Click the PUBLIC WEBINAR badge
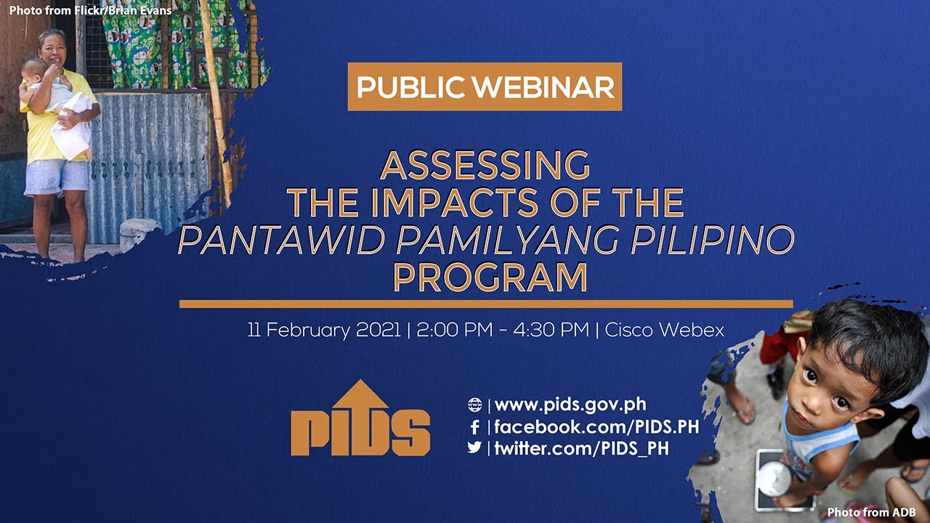point(485,87)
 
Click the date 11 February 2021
point(324,330)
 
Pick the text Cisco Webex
point(664,330)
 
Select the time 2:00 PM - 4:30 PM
point(501,330)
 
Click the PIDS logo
point(360,419)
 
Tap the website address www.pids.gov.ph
point(570,405)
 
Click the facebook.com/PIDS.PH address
point(597,427)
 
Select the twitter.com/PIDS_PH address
point(581,448)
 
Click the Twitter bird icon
point(474,447)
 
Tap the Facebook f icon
point(474,427)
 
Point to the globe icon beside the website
point(474,405)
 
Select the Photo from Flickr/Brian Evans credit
point(90,11)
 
